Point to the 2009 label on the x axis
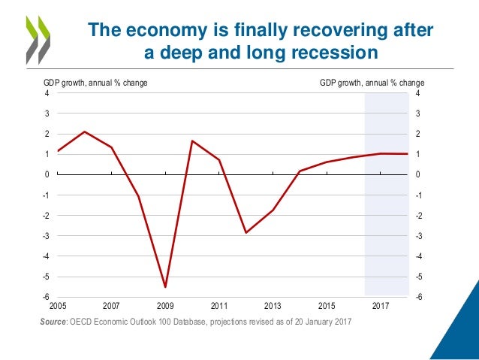click(x=165, y=307)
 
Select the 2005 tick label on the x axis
click(x=57, y=307)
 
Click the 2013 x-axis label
click(x=273, y=307)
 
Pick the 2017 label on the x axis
click(x=380, y=307)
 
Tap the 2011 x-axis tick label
click(x=219, y=307)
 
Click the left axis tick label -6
click(x=47, y=297)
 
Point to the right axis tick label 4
click(x=417, y=94)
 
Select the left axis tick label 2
click(x=48, y=135)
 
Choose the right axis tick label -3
click(x=417, y=236)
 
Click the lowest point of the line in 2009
click(x=165, y=286)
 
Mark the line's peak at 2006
click(x=85, y=132)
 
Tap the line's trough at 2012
click(x=246, y=232)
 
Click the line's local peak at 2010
click(x=192, y=141)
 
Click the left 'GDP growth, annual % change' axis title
click(x=95, y=83)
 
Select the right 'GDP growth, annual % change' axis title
click(x=372, y=83)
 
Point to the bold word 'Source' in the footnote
click(x=53, y=322)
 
